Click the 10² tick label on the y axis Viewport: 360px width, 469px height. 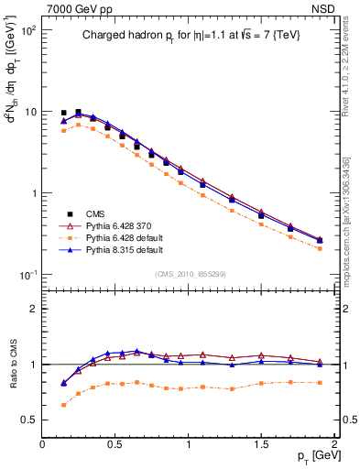(28, 30)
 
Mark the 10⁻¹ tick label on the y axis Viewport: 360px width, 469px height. (28, 275)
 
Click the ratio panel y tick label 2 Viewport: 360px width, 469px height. (33, 309)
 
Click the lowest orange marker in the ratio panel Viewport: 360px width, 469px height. (63, 404)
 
